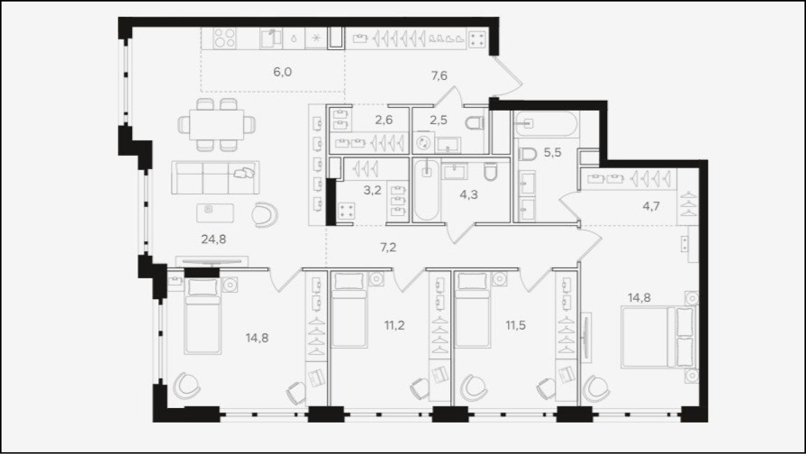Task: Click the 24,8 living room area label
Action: (214, 239)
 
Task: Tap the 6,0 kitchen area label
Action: (282, 72)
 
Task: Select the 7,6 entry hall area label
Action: (439, 76)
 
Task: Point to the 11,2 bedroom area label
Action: (394, 325)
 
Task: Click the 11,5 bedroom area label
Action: (516, 325)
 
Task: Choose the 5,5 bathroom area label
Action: (552, 153)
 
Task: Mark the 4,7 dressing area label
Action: (651, 207)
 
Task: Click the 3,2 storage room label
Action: (372, 190)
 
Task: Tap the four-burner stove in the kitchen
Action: (224, 39)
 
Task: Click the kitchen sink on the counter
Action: (270, 38)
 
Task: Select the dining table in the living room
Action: (216, 125)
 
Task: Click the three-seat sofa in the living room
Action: (215, 177)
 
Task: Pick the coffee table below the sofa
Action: (215, 213)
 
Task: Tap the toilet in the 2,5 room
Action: (475, 123)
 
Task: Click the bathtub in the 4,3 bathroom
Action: (426, 190)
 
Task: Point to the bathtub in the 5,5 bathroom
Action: (546, 124)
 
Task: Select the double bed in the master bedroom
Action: (658, 337)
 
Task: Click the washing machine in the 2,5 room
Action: (423, 143)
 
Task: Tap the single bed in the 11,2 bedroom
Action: (348, 310)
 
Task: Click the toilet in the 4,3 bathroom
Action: (491, 172)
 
